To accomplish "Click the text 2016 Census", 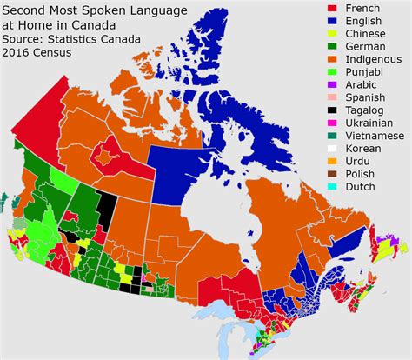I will click(x=39, y=54).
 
